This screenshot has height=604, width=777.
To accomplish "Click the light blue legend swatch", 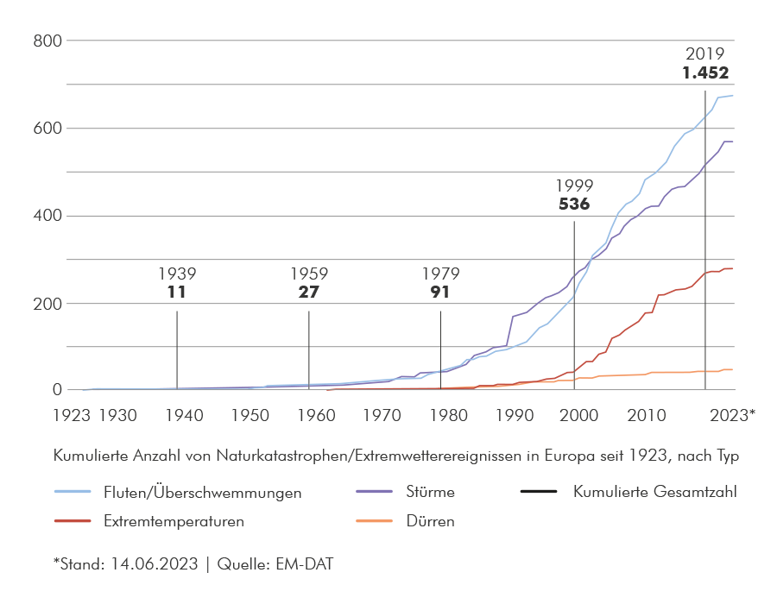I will [64, 490].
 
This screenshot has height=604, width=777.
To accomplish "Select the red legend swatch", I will [64, 523].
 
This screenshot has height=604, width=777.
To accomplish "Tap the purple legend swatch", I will [363, 489].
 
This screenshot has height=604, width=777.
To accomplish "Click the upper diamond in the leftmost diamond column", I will [177, 326].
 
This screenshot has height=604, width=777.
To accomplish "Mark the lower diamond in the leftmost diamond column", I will [177, 368].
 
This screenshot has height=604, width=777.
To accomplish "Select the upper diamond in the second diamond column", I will [308, 326].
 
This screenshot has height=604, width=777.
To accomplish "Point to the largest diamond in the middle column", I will [440, 326].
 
